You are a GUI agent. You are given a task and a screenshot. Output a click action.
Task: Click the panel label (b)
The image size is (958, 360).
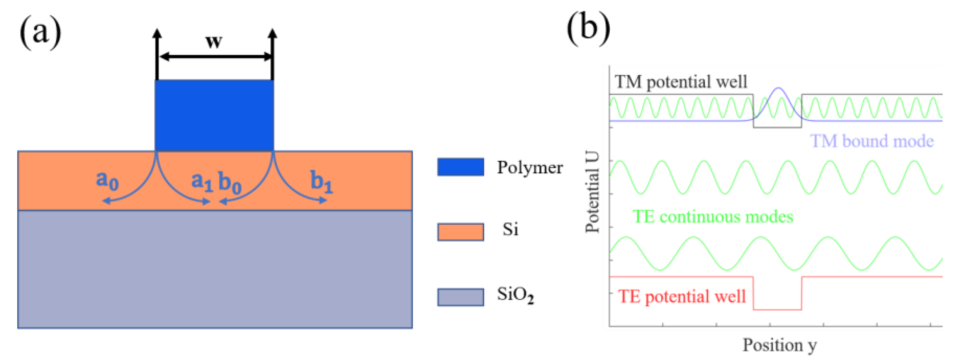coord(588,28)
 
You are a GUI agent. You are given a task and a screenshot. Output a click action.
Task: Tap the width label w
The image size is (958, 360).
coord(214,41)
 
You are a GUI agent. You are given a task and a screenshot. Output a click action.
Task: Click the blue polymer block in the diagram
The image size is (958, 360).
coord(214,115)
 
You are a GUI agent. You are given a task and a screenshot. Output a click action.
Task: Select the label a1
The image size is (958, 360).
coord(202,182)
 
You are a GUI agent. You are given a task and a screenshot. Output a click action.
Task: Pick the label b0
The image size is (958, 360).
coord(229,182)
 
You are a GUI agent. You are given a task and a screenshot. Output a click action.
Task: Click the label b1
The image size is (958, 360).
coord(322,182)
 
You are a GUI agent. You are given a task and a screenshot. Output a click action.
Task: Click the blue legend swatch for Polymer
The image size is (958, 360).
coord(461,167)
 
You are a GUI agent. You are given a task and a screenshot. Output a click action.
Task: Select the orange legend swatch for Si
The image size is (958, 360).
coord(461,232)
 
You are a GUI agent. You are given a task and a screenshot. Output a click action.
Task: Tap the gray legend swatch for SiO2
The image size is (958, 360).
coord(461,297)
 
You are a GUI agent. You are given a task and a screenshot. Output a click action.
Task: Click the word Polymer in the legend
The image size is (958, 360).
coord(530,168)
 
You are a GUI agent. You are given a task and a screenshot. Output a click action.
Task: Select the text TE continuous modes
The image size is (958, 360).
coord(713,217)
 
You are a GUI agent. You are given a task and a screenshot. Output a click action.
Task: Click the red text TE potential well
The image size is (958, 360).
coord(682,297)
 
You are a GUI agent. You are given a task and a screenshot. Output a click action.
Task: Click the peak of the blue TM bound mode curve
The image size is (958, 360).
coord(778,88)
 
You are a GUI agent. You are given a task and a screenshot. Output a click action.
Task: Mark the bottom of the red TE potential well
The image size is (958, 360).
coord(777,309)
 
